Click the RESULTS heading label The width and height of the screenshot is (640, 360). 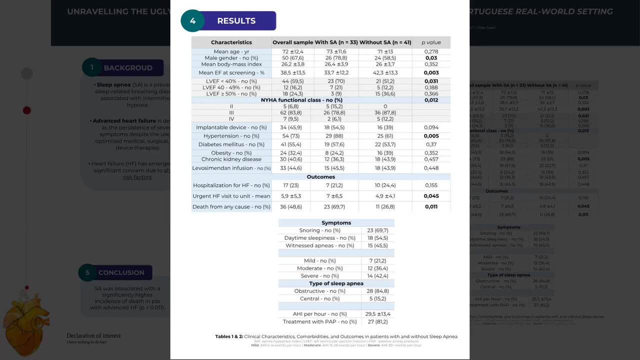236,21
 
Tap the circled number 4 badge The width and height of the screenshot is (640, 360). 193,21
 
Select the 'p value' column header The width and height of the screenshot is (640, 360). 431,42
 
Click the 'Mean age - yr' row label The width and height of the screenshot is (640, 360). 231,51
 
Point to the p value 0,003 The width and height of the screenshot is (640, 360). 431,73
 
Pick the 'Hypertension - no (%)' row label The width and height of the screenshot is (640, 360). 231,136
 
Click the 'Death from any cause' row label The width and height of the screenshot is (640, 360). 231,207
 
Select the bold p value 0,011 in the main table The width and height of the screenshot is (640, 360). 431,207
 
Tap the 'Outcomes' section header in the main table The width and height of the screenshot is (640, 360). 320,177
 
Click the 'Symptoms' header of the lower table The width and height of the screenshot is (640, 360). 336,222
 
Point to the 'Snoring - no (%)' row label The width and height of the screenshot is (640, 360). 319,230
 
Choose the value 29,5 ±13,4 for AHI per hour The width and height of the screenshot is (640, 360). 377,314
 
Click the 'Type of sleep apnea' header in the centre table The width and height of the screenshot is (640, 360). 336,283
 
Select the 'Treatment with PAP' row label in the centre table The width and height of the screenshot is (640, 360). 319,322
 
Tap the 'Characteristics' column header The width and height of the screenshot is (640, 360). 231,42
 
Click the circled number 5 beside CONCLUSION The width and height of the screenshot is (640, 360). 87,272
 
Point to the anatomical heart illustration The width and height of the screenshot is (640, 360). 27,317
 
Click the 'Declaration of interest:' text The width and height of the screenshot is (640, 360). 94,336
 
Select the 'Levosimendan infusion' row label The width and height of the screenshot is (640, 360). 231,168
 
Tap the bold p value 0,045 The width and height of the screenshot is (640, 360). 431,196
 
